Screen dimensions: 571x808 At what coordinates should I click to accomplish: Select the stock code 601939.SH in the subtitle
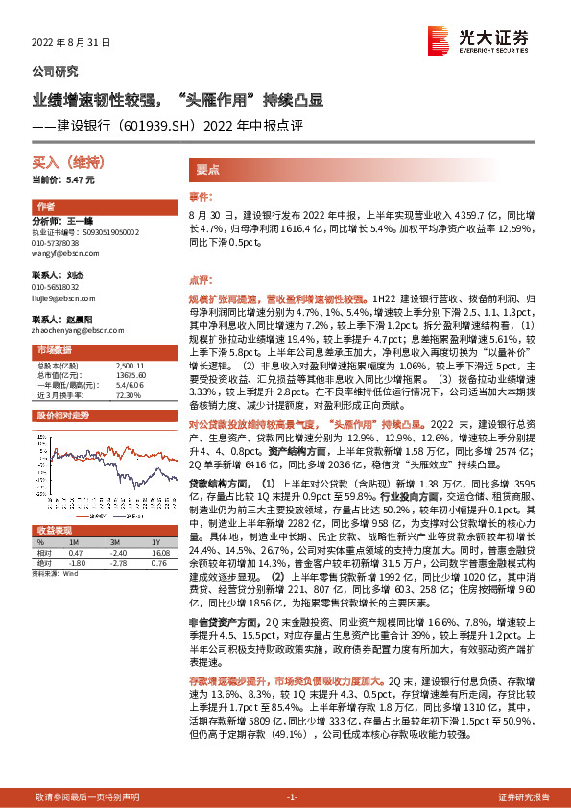(x=173, y=125)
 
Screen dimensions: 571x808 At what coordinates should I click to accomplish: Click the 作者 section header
(x=45, y=207)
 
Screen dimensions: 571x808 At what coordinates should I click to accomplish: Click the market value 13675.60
(x=129, y=374)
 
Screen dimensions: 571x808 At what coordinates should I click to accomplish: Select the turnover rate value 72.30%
(x=129, y=393)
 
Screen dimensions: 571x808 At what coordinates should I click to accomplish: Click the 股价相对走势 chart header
(x=62, y=415)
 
